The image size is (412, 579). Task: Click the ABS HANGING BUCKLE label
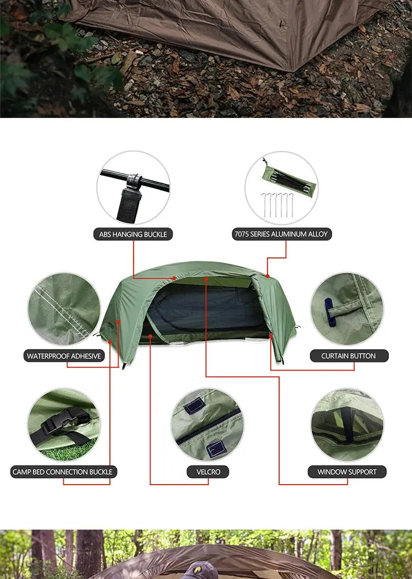(133, 234)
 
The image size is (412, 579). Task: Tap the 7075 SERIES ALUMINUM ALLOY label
(281, 234)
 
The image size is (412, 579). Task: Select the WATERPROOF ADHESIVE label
(64, 356)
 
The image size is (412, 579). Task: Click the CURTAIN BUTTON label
(348, 356)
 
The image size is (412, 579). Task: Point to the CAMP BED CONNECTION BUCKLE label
(62, 472)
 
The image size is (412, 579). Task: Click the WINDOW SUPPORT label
(347, 472)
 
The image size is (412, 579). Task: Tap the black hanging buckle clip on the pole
(133, 181)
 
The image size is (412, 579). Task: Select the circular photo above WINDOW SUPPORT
(347, 425)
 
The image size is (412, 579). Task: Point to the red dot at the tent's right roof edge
(267, 276)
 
